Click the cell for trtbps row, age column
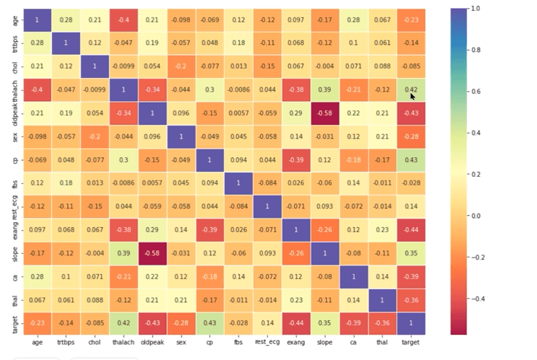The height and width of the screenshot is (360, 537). pyautogui.click(x=37, y=43)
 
